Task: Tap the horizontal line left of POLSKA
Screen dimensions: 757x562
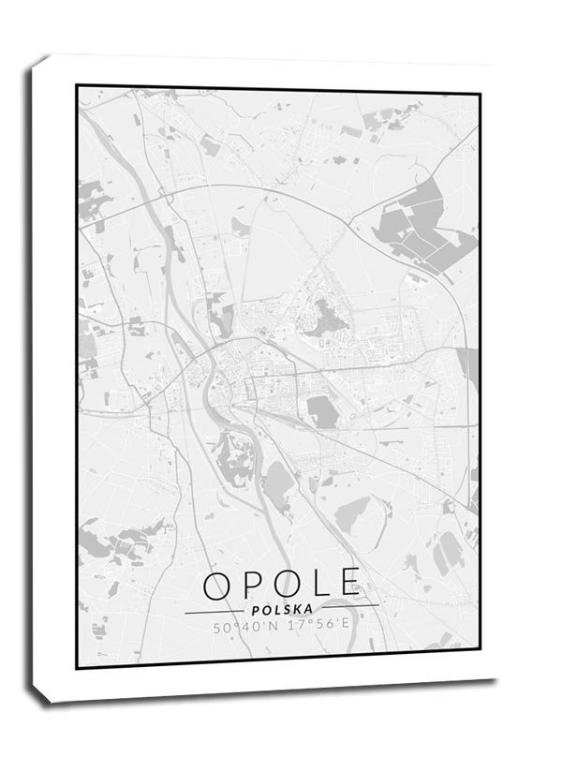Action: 215,612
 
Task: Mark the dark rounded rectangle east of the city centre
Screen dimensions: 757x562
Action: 321,411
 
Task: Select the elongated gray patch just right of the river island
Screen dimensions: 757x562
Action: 277,482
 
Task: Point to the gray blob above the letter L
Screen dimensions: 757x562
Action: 354,513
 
